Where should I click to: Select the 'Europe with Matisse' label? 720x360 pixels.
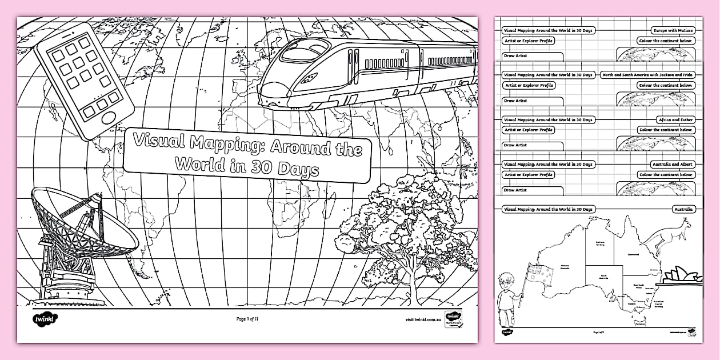[x=673, y=30]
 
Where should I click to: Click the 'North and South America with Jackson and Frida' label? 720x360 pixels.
[x=648, y=75]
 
